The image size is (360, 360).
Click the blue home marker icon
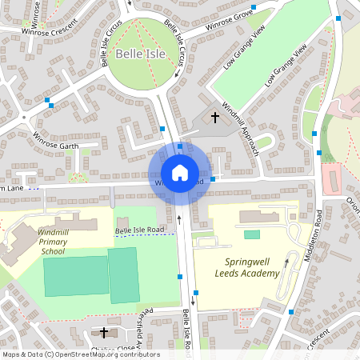179,172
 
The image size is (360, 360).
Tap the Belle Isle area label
139,54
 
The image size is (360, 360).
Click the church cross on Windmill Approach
214,118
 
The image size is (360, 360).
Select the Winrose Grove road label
229,20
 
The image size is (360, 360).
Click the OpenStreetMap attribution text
80,354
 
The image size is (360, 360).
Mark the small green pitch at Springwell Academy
252,234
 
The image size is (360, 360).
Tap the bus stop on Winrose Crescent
50,102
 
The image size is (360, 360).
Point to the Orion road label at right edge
352,206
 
